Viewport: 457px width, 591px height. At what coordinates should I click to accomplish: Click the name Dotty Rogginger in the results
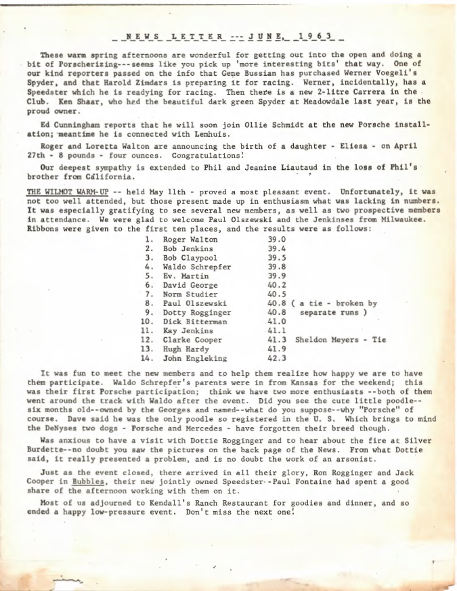[x=196, y=313]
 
